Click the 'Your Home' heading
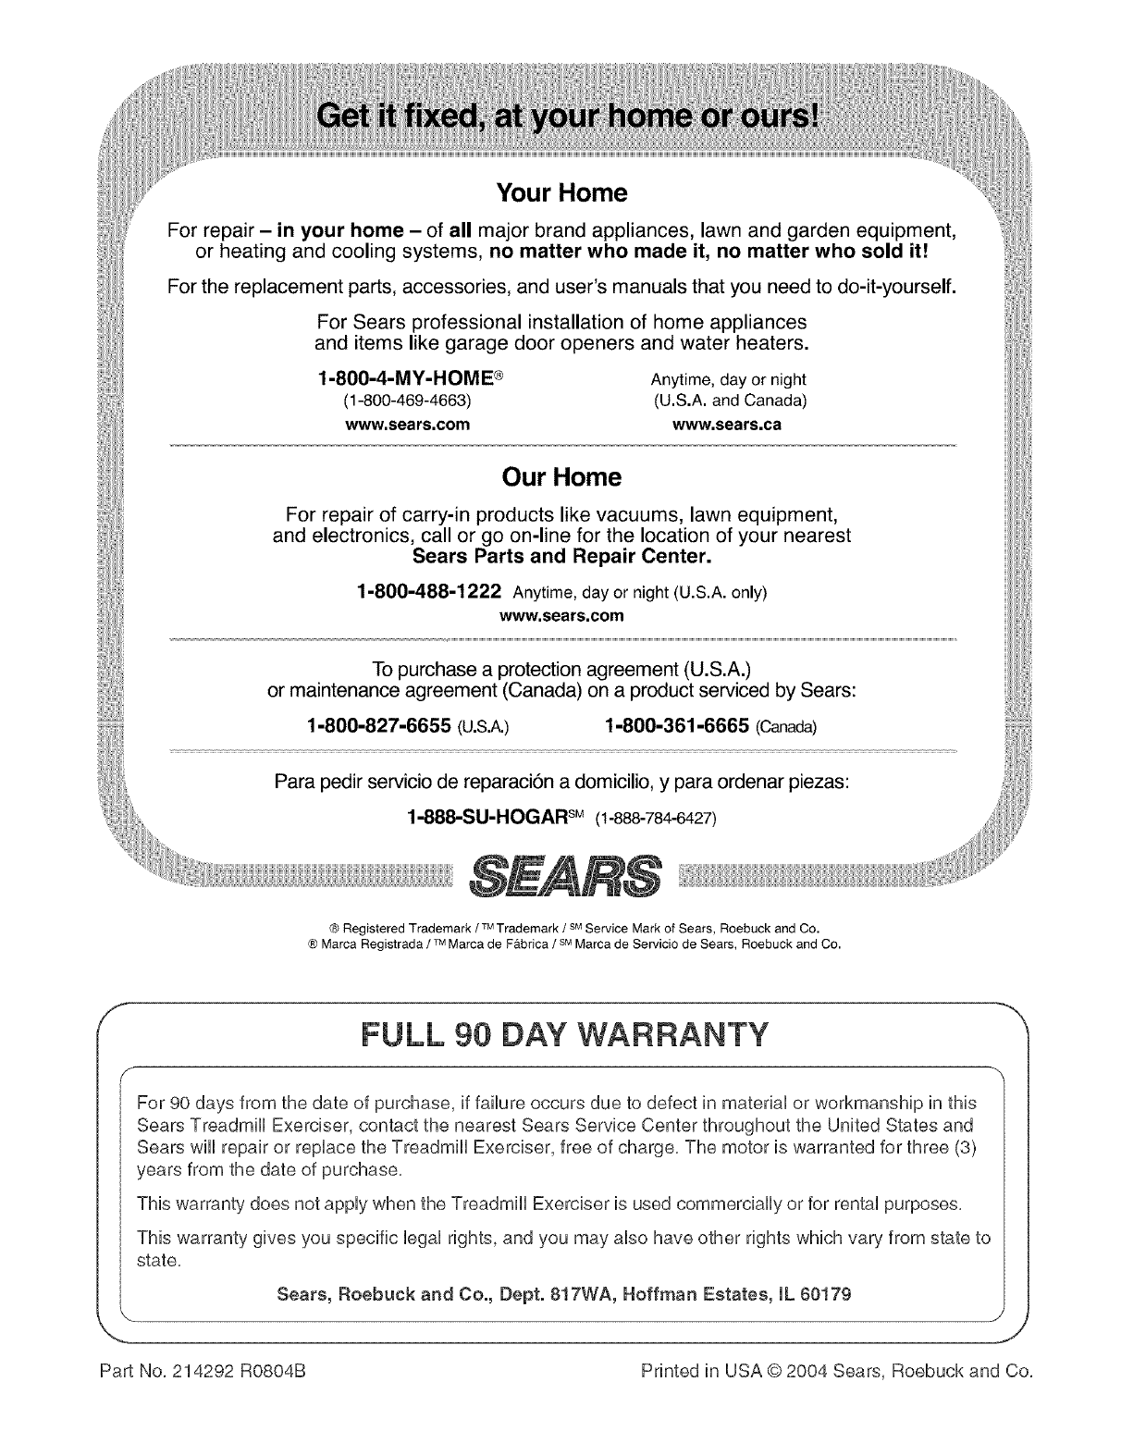pos(561,193)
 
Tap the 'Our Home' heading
pos(560,477)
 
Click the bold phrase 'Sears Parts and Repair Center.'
pos(561,558)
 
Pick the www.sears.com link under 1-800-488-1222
pos(561,614)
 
